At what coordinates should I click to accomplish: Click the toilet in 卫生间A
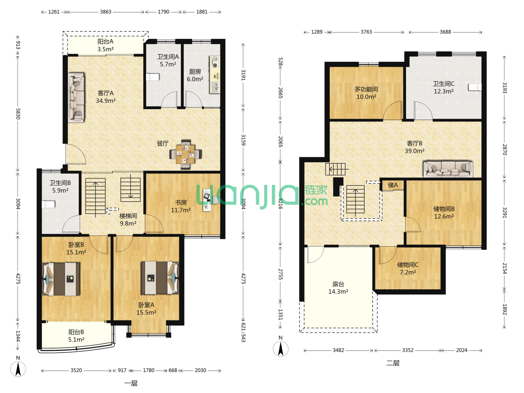153,77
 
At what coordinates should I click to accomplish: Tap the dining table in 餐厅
186,154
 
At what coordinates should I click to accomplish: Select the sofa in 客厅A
76,98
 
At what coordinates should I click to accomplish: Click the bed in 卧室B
61,279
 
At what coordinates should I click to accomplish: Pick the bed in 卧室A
160,278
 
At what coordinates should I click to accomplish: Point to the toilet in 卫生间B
48,204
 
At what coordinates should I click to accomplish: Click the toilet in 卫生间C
475,87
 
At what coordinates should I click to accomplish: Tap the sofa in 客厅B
448,169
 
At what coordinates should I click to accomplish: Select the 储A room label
393,185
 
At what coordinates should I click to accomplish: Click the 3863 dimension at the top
106,12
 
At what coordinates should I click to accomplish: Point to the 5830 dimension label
18,114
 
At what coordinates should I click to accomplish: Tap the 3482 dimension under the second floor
338,350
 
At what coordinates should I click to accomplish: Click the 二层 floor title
393,363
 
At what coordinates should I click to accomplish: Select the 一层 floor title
131,384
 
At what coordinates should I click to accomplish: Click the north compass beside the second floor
281,349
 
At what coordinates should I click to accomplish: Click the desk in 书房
207,200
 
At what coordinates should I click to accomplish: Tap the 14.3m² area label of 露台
338,291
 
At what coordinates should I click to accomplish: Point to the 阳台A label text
105,41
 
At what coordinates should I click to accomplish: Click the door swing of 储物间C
388,255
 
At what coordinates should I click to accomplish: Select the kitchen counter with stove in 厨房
215,75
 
